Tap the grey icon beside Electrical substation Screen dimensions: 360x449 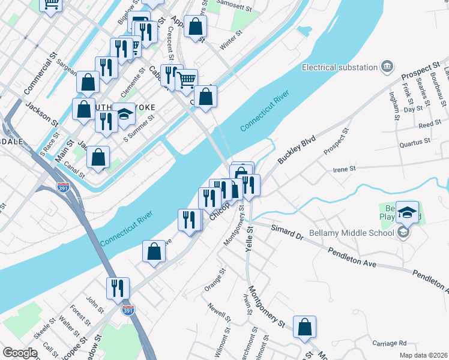[387, 66]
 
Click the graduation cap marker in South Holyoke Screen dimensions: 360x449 [124, 114]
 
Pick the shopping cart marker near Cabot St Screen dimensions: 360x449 [187, 79]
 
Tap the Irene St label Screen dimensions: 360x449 [345, 169]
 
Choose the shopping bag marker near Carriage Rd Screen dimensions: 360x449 [305, 328]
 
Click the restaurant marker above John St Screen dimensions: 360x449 [118, 288]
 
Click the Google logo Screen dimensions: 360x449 [20, 353]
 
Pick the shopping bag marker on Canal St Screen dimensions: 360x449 [98, 158]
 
